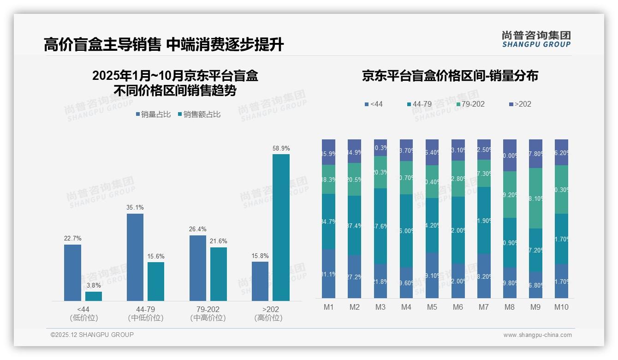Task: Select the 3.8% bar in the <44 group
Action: [x=94, y=296]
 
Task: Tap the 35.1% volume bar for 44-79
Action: [x=135, y=257]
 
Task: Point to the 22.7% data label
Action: [x=72, y=239]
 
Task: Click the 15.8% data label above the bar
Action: [x=260, y=256]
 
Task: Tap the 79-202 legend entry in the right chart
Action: [x=470, y=104]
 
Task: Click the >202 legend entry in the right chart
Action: [x=520, y=104]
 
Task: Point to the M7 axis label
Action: [x=484, y=307]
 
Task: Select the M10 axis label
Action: [x=561, y=307]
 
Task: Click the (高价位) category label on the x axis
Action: [x=268, y=318]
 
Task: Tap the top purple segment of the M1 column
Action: [x=329, y=152]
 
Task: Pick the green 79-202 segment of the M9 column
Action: [x=535, y=198]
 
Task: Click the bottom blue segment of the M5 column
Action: [x=432, y=275]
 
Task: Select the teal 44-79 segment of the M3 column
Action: [x=380, y=226]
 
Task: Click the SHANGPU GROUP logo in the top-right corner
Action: [x=536, y=39]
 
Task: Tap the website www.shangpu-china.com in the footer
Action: [x=537, y=335]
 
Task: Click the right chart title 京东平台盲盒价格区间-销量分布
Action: [x=450, y=76]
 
